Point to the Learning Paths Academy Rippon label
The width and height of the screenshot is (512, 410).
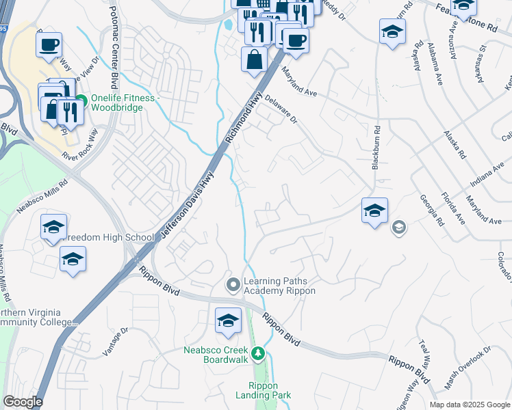click(279, 286)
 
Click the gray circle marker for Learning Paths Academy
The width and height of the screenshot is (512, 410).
click(233, 283)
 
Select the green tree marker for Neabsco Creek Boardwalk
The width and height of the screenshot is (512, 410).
click(258, 353)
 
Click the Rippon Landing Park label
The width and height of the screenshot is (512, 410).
click(263, 390)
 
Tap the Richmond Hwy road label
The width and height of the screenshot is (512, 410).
click(244, 116)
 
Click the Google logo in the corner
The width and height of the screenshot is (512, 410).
click(23, 402)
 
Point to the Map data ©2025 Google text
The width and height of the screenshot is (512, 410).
click(469, 405)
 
